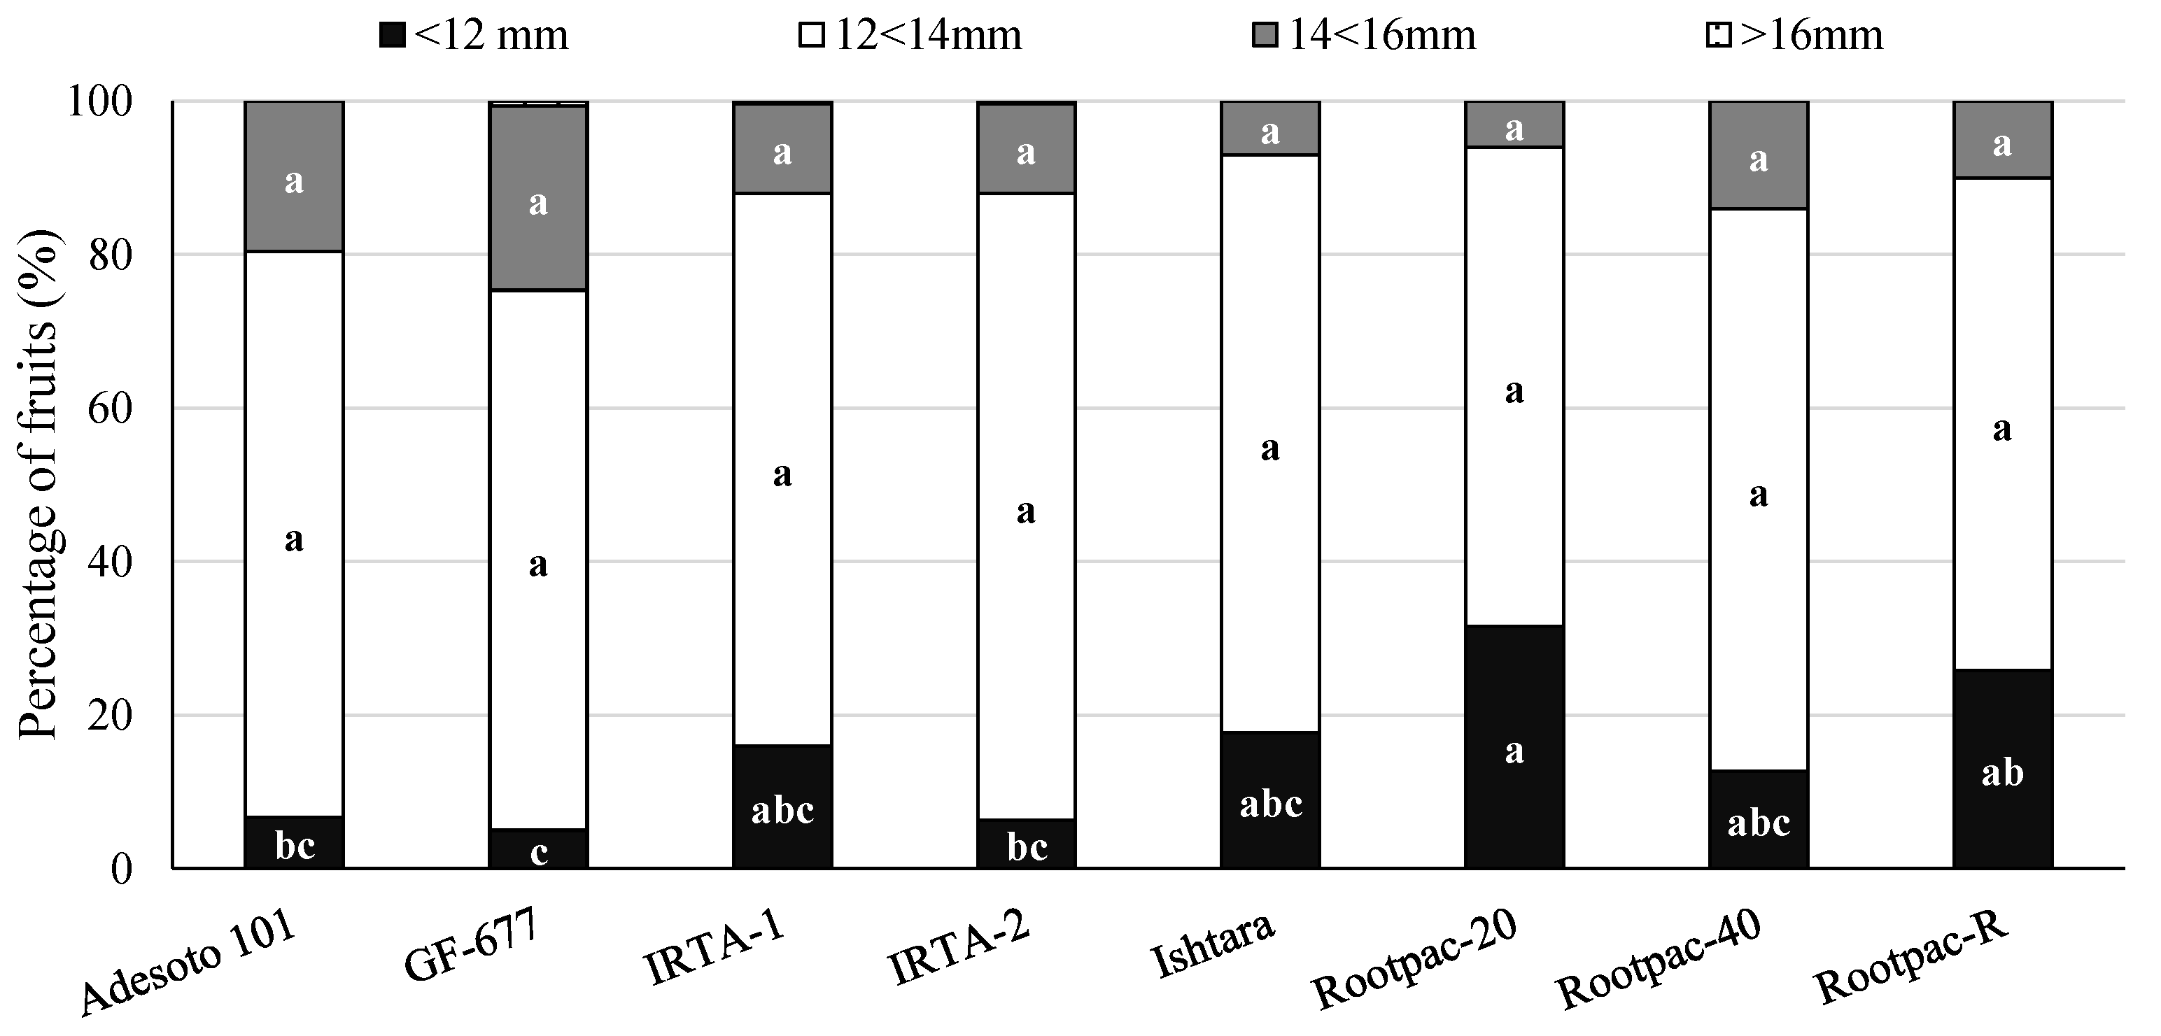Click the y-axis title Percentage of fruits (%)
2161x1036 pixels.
(x=38, y=484)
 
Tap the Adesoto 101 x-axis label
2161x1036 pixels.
(x=189, y=965)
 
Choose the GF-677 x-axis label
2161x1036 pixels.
(x=470, y=947)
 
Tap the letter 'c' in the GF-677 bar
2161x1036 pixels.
(x=539, y=852)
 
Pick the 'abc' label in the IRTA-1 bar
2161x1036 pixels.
(x=782, y=810)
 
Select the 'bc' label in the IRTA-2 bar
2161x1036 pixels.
(x=1027, y=847)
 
